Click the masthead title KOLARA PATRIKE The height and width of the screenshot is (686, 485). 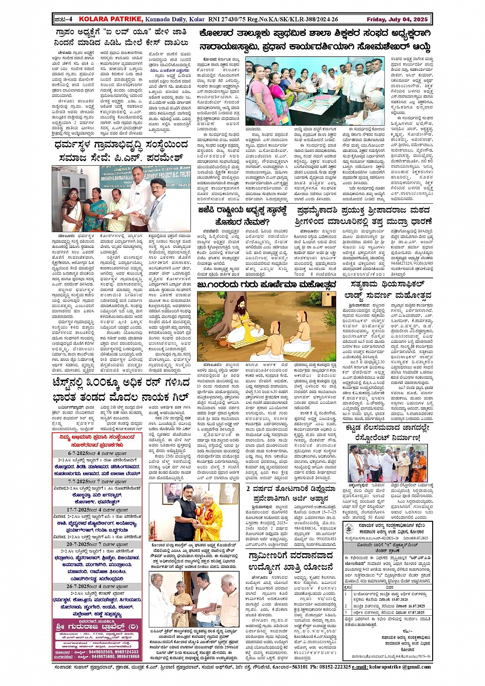[x=103, y=19]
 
